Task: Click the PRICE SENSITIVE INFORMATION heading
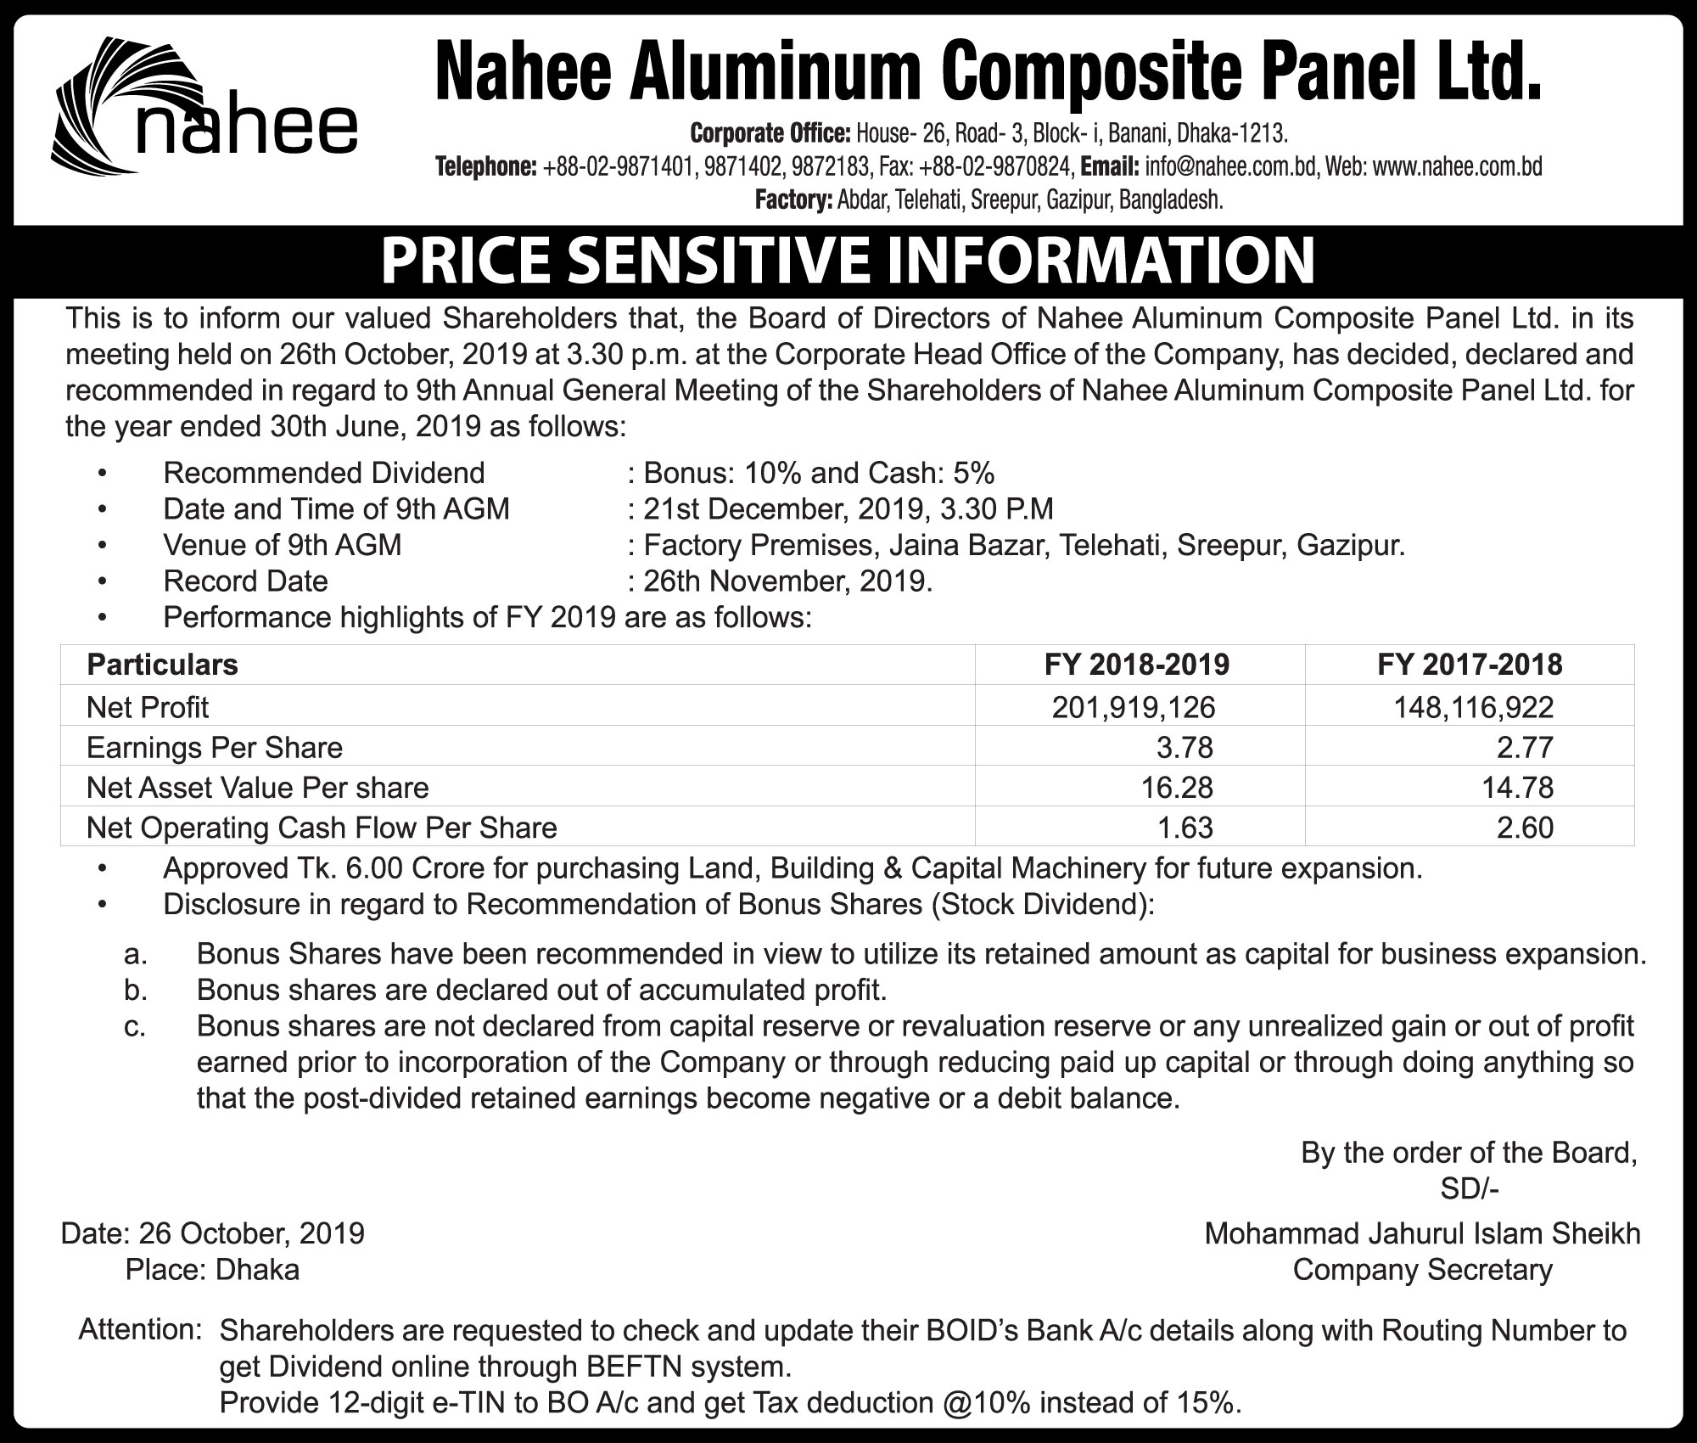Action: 848,261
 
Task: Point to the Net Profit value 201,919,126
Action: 1134,707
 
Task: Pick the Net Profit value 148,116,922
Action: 1474,707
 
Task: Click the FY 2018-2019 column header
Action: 1136,665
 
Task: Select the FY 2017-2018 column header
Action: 1470,665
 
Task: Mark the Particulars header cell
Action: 162,665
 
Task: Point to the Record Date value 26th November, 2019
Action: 787,581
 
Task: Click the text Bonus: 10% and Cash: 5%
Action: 819,473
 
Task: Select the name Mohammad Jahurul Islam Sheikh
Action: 1422,1233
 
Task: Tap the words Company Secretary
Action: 1422,1270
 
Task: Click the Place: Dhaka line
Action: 212,1270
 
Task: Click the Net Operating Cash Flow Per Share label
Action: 322,828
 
